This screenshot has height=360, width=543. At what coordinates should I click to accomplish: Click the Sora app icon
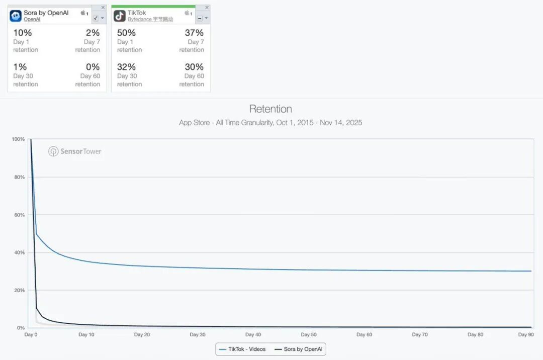[x=16, y=16]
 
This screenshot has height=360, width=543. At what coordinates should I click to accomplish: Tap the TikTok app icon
[x=120, y=16]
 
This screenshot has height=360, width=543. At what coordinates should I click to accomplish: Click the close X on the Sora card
[x=103, y=8]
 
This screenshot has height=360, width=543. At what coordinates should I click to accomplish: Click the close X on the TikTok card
[x=207, y=8]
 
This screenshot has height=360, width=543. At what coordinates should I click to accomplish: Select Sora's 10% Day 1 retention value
[x=23, y=33]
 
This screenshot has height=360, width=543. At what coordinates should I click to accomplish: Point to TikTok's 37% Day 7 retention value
[x=194, y=33]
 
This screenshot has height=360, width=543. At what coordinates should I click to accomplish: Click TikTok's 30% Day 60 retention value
[x=194, y=67]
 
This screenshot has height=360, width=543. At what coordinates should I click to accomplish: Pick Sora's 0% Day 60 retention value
[x=93, y=67]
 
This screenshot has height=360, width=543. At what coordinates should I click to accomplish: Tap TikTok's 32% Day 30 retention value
[x=127, y=67]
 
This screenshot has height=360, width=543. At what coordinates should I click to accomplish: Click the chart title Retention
[x=270, y=109]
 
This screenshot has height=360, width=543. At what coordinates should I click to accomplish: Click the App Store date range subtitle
[x=270, y=123]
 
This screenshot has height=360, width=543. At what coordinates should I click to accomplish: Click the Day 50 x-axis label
[x=309, y=334]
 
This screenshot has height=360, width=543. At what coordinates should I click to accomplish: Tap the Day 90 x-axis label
[x=525, y=334]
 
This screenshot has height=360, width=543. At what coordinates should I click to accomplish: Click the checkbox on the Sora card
[x=96, y=18]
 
